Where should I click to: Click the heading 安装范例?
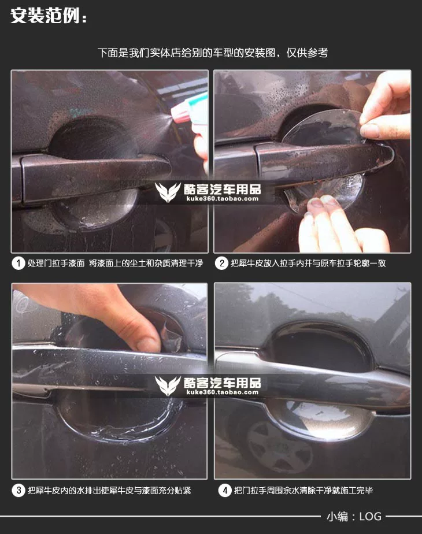click(49, 16)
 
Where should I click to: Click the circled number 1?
click(18, 264)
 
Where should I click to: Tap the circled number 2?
click(221, 264)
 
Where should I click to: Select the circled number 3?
click(18, 491)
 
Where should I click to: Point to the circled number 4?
click(225, 491)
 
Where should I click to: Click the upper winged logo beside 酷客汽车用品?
click(168, 192)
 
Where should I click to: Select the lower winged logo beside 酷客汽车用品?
click(168, 385)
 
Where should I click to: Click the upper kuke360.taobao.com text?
click(223, 199)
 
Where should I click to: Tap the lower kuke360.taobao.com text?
click(223, 392)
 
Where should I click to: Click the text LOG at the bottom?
click(370, 517)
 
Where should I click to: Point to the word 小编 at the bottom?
click(338, 517)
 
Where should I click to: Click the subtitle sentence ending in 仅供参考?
click(213, 53)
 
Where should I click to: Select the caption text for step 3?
click(109, 491)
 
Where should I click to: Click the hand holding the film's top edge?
click(387, 106)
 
